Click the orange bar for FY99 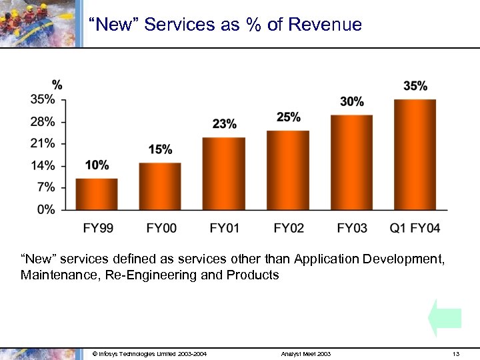(97, 194)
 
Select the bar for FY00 (160, 186)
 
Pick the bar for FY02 (287, 170)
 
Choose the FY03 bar (351, 163)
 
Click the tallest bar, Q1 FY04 (415, 155)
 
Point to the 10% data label (97, 165)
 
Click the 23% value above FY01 (225, 124)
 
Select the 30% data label (352, 102)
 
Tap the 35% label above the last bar (415, 86)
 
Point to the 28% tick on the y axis (43, 122)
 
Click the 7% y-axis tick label (45, 187)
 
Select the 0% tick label (45, 209)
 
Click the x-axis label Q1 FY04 (415, 229)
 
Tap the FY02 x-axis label (288, 229)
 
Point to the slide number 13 (455, 354)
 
